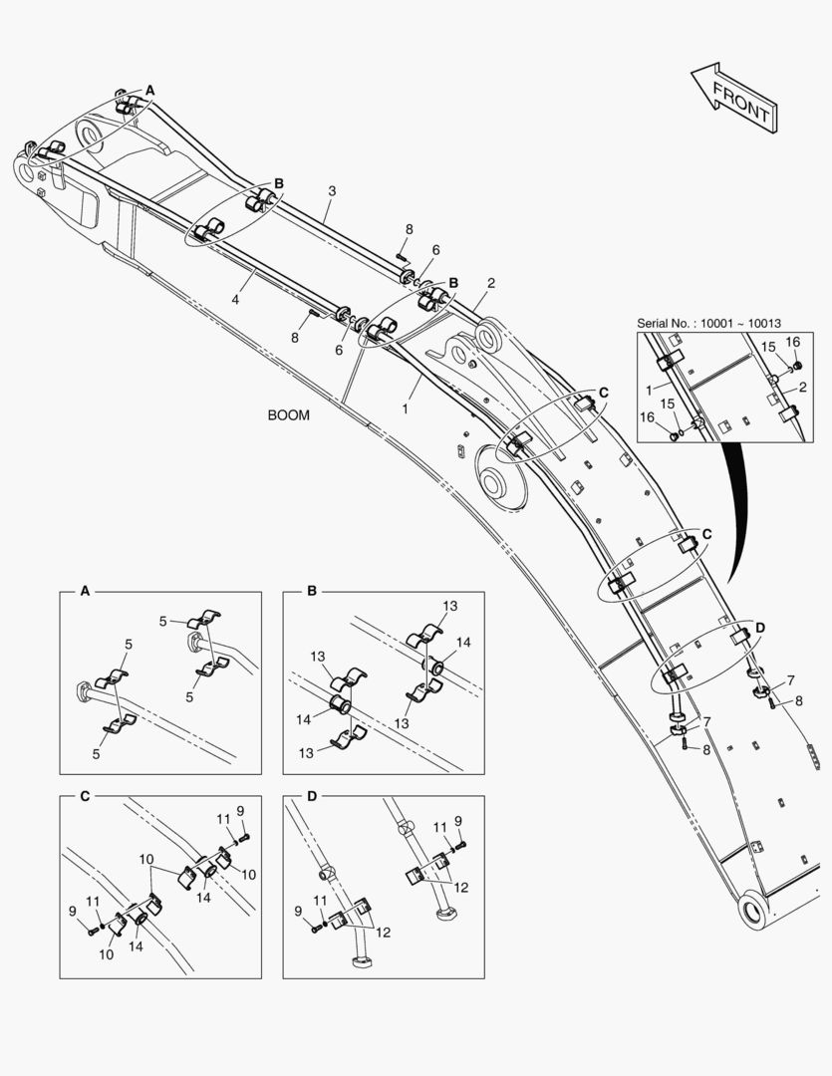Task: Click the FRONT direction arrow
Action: click(x=732, y=98)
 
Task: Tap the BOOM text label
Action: click(x=288, y=415)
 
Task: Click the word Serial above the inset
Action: click(x=659, y=323)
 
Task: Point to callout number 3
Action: click(x=332, y=190)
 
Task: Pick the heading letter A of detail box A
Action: click(x=85, y=591)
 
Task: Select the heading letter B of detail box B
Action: click(x=312, y=591)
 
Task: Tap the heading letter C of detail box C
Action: click(x=85, y=795)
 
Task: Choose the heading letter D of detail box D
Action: click(x=312, y=795)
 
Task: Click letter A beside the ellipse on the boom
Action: click(x=150, y=90)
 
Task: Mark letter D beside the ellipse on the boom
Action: click(x=760, y=628)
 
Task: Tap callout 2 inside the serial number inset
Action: click(x=803, y=388)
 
